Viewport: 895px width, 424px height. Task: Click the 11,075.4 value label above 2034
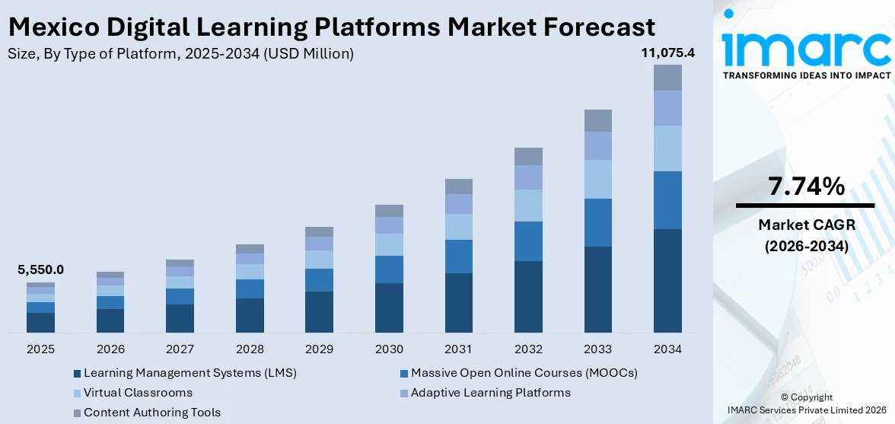[667, 53]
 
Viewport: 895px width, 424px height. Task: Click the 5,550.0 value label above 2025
[40, 269]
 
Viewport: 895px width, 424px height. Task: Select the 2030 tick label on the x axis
[389, 349]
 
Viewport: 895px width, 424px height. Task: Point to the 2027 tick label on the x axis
[180, 349]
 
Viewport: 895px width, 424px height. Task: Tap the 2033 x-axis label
[598, 349]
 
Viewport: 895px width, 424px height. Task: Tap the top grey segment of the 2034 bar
[667, 78]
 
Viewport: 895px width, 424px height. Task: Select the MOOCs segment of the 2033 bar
[598, 222]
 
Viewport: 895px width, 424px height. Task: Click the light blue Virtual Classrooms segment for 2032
[528, 206]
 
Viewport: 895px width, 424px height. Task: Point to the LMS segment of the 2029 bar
[319, 311]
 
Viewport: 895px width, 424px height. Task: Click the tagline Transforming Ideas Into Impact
[806, 75]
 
